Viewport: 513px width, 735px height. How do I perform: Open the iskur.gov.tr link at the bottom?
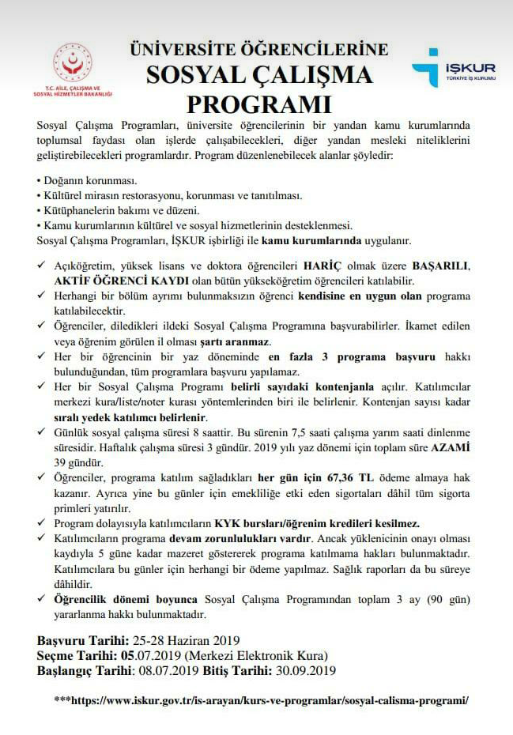pos(262,700)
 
